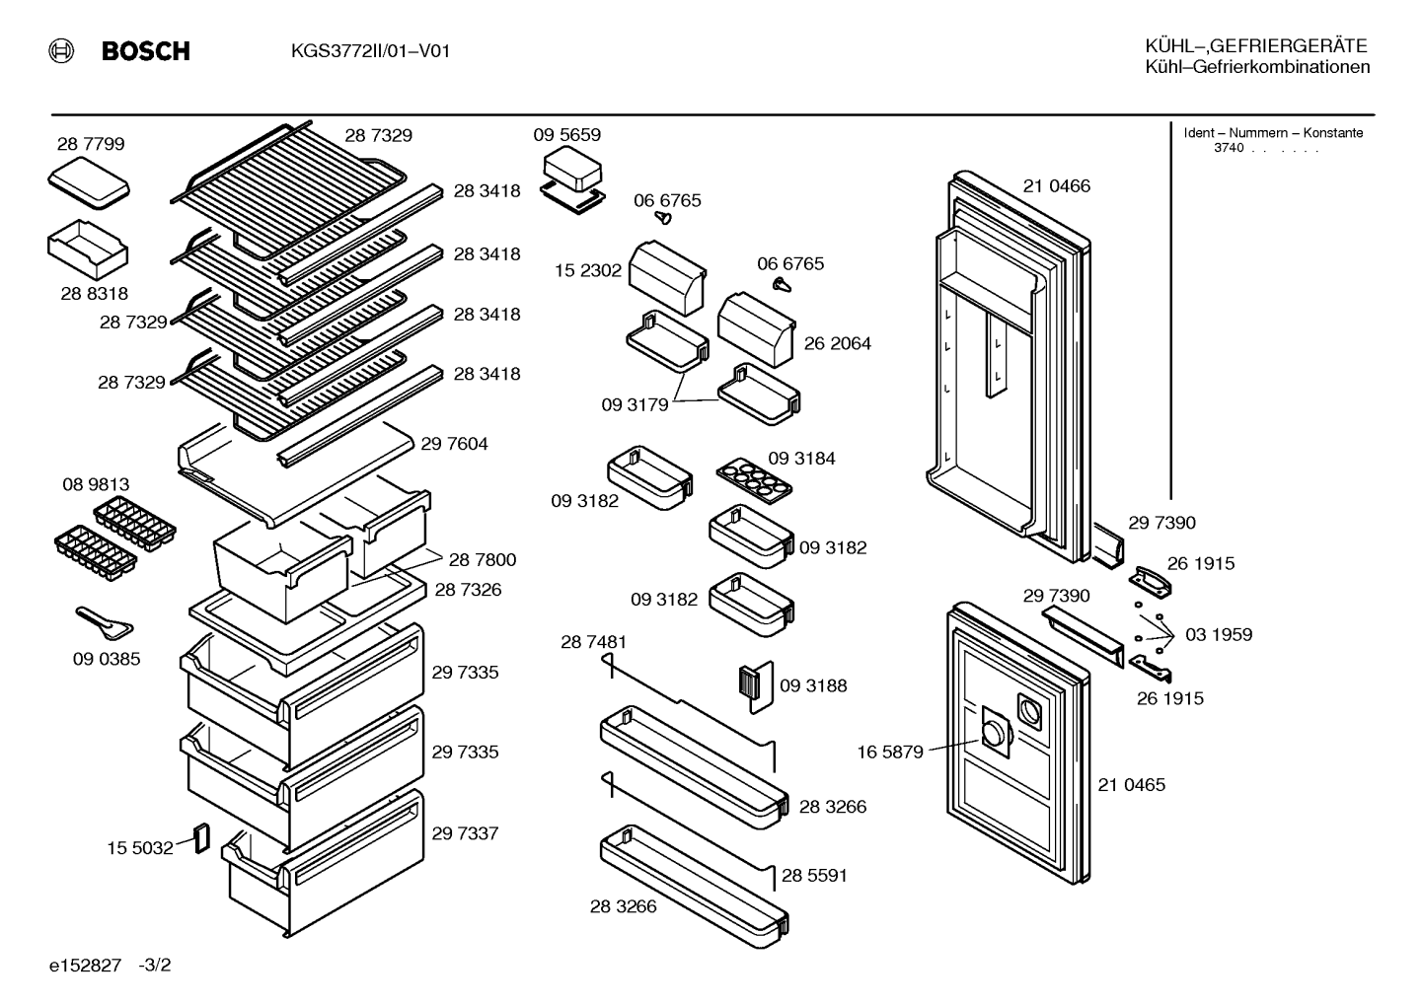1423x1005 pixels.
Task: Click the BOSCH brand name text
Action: (x=146, y=50)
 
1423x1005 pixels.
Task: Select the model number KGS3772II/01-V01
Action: (x=370, y=50)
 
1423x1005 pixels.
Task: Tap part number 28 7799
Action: (x=91, y=144)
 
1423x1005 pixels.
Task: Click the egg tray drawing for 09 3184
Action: (x=754, y=480)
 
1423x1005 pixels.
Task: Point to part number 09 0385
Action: (x=107, y=659)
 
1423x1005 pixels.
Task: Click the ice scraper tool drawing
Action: (x=105, y=623)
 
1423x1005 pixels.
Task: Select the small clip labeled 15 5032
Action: (x=202, y=838)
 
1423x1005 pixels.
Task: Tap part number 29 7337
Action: (x=465, y=833)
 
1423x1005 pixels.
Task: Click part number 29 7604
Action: (x=454, y=444)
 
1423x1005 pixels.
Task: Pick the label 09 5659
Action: (x=566, y=134)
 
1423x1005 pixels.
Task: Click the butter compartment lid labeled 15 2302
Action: (x=667, y=277)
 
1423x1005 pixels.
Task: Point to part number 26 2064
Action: (x=837, y=343)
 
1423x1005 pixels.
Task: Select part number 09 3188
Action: (x=813, y=685)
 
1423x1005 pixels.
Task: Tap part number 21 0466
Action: (x=1057, y=186)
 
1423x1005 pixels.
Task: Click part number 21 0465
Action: (x=1132, y=785)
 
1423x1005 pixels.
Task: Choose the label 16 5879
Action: (x=890, y=753)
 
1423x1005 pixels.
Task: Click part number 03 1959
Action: (x=1219, y=635)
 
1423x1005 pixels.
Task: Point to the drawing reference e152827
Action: (x=85, y=966)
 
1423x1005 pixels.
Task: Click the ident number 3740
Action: (x=1229, y=148)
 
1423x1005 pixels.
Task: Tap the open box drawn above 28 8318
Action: (x=88, y=250)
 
